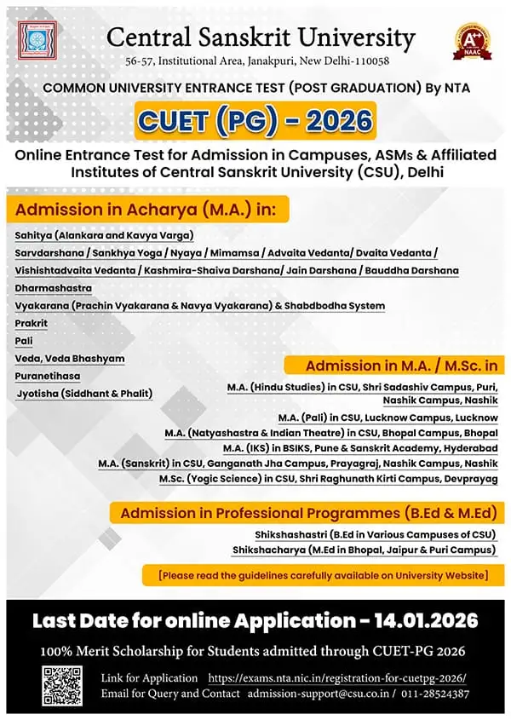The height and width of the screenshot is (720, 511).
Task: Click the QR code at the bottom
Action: point(62,684)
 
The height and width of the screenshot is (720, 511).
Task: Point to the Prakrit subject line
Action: point(32,324)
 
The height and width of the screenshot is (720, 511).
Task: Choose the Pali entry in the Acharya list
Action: point(24,341)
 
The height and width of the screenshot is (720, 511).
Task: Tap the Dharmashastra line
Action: point(53,288)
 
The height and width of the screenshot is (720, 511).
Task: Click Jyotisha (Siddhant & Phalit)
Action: point(84,393)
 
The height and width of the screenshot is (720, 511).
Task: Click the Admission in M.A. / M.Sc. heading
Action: point(401,366)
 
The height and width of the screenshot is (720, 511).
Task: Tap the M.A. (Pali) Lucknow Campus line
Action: point(388,418)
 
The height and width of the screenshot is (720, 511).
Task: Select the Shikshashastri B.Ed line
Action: point(365,534)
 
